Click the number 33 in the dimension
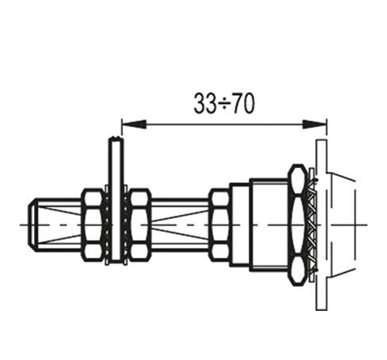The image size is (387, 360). (205, 104)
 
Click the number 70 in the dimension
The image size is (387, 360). (244, 104)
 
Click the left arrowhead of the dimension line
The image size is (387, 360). (134, 124)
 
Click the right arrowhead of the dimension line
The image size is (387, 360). (314, 124)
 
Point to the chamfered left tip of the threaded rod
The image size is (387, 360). (33, 224)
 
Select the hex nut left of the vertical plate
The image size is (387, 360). (93, 224)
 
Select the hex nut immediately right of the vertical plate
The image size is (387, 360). (140, 224)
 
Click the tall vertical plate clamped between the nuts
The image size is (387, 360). (116, 199)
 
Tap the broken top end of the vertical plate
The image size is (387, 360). (116, 138)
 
